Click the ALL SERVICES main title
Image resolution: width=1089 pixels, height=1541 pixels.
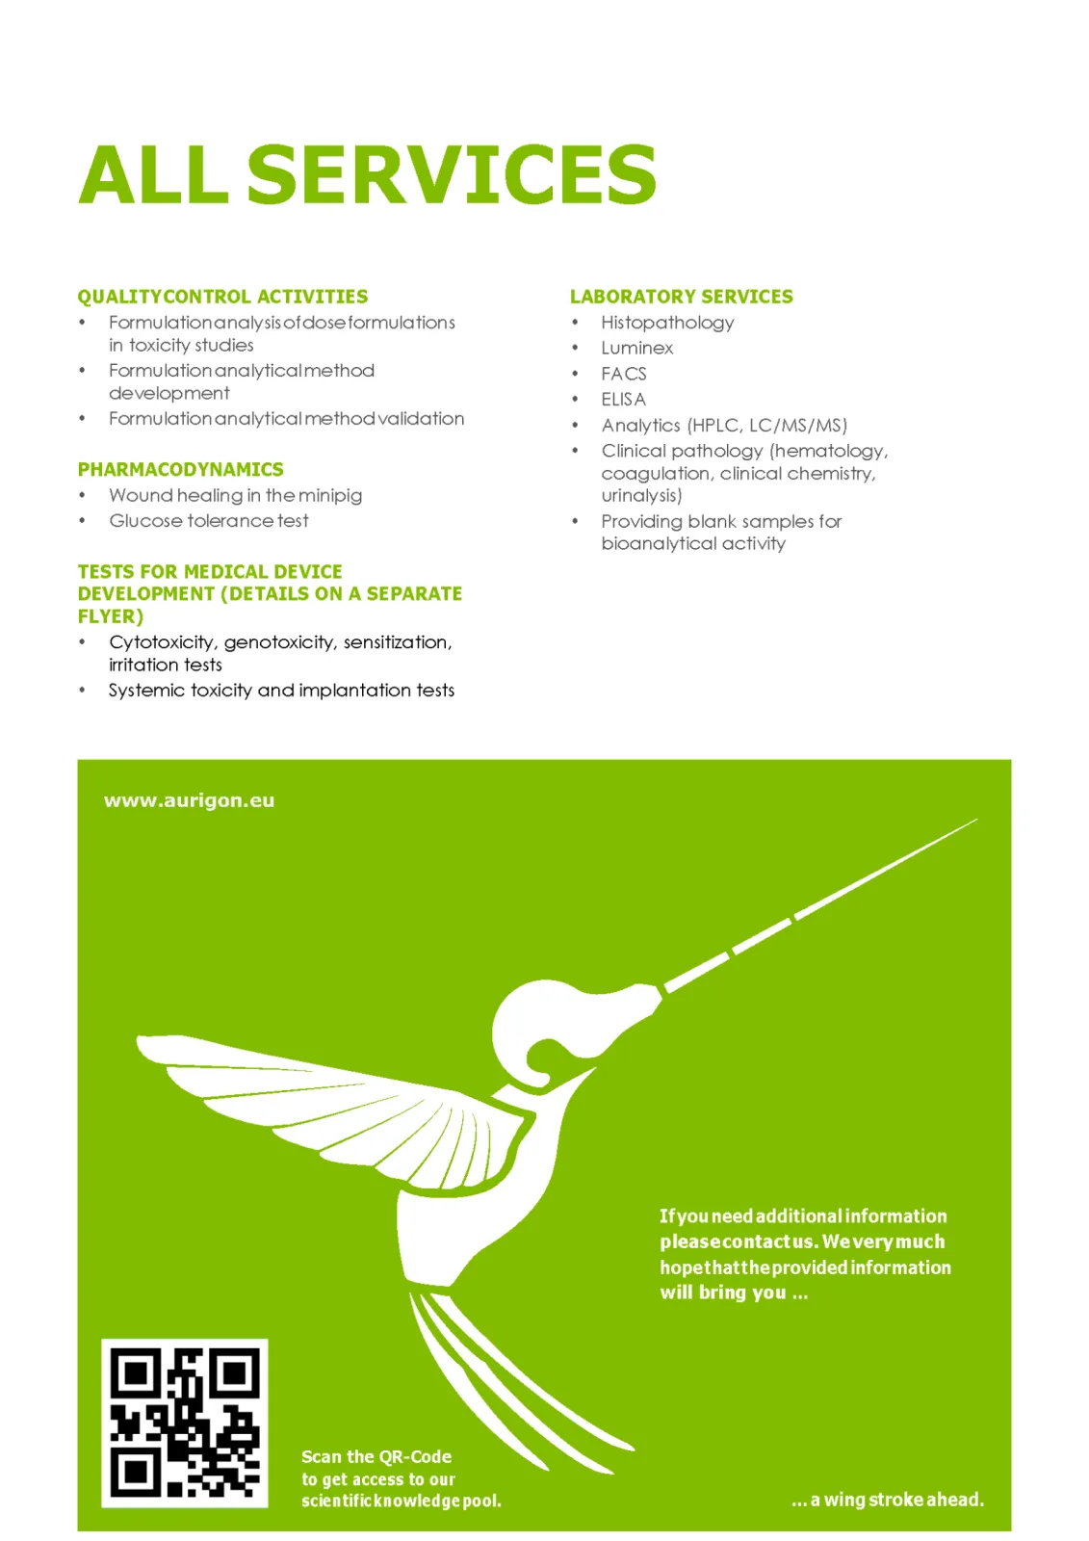[x=367, y=174]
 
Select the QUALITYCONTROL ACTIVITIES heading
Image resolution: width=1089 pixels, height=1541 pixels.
[x=222, y=297]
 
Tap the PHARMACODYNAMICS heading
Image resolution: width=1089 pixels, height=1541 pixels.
[x=180, y=469]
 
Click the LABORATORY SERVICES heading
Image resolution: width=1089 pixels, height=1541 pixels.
[x=681, y=297]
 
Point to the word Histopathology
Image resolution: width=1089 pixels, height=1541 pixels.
[x=667, y=323]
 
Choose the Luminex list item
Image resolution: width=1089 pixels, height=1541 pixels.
[x=636, y=348]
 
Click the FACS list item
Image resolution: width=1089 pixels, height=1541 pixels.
[x=623, y=374]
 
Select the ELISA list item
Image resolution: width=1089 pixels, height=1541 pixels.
[x=623, y=399]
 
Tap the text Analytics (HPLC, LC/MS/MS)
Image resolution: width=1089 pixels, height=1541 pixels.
[x=724, y=425]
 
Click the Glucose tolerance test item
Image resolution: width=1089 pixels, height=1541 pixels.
[x=209, y=521]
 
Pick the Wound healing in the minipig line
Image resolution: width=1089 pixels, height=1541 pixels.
[x=235, y=495]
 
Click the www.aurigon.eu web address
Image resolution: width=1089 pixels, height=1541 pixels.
[x=189, y=800]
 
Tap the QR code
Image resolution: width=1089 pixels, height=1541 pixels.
[x=185, y=1423]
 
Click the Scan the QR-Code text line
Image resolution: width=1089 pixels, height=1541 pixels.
[x=376, y=1456]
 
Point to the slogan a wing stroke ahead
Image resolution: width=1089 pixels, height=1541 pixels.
[x=887, y=1500]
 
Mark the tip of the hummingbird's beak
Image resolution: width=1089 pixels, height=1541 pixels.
[x=974, y=821]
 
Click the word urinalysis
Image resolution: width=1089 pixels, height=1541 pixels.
[x=641, y=496]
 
